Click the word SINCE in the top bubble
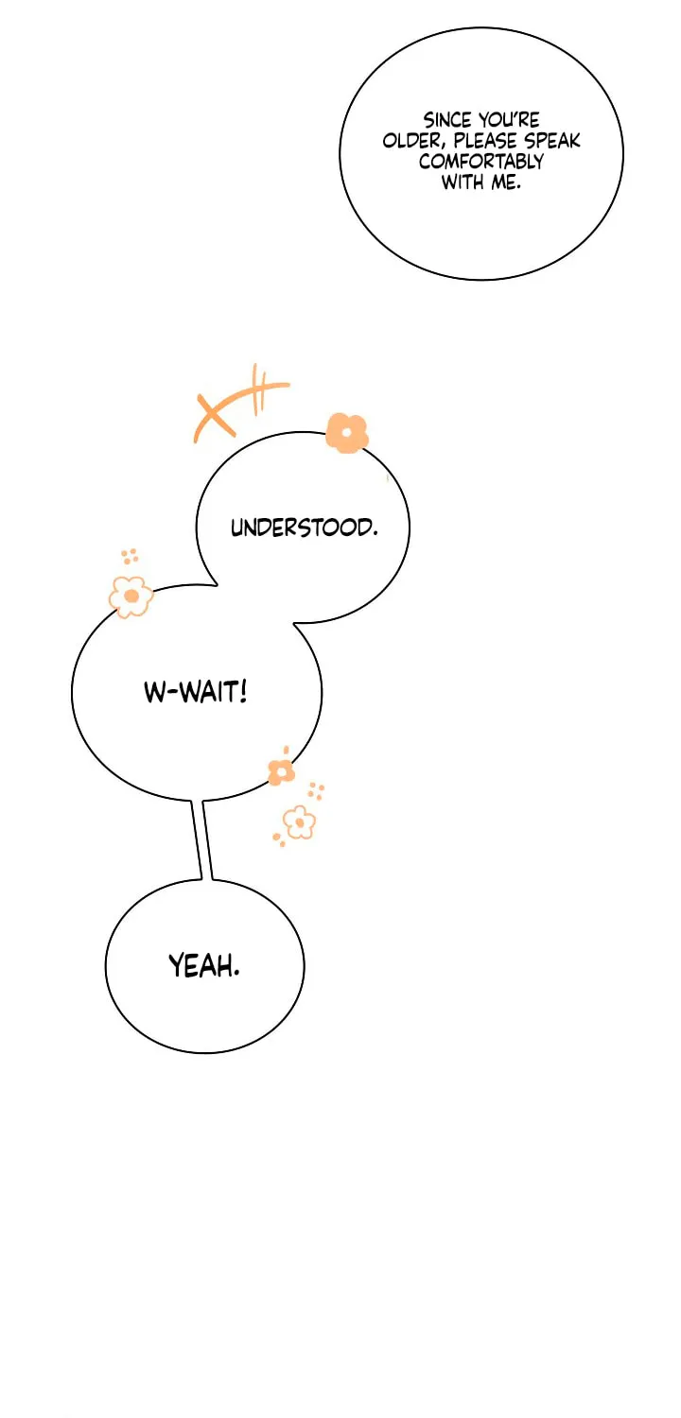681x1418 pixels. [446, 120]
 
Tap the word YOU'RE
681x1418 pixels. [509, 120]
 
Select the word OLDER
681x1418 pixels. [414, 141]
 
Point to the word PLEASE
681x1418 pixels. [485, 141]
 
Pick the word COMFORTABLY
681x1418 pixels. [480, 162]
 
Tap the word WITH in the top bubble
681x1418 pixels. [463, 182]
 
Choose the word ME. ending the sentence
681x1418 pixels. [505, 182]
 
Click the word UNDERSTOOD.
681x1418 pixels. [304, 527]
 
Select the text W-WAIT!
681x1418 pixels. [196, 692]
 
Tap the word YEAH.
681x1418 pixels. [204, 966]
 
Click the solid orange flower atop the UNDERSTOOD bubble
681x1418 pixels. [346, 433]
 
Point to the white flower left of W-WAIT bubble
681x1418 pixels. [131, 597]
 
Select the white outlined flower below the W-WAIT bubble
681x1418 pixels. [299, 822]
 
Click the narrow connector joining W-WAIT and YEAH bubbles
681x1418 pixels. [202, 839]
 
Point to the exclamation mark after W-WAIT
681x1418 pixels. [243, 691]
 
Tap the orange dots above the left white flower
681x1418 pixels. [130, 557]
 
